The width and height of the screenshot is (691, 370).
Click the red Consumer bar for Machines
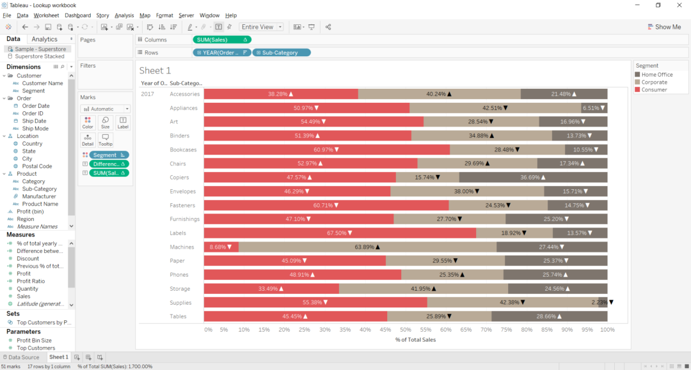[221, 247]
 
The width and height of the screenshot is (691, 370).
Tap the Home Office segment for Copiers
[533, 177]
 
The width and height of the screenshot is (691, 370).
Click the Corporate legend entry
[654, 82]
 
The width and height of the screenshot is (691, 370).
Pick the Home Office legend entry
[656, 75]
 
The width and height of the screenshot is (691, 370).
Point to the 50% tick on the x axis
[406, 330]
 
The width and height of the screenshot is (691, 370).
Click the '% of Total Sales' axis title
[415, 339]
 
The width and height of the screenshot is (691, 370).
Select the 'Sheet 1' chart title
[155, 70]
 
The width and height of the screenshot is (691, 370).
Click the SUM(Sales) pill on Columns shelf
[221, 40]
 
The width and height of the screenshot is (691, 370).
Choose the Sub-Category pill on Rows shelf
[282, 52]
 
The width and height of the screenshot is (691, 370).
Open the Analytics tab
[45, 39]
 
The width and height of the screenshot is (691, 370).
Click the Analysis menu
[124, 15]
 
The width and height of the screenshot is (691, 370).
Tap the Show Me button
[663, 27]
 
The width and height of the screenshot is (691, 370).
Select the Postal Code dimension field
[37, 166]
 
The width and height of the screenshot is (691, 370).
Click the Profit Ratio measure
[31, 281]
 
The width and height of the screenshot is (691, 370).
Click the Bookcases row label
[184, 150]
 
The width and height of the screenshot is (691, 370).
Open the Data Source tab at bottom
[23, 357]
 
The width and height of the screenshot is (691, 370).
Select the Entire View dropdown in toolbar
[262, 27]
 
